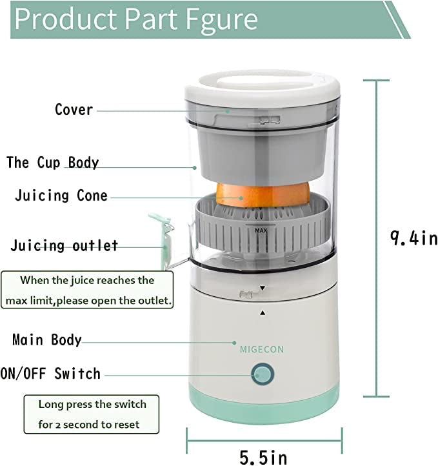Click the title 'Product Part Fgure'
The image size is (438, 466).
(x=136, y=19)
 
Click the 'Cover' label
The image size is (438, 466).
(x=74, y=109)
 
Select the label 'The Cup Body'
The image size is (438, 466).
(x=53, y=161)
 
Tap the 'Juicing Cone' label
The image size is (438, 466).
(x=61, y=196)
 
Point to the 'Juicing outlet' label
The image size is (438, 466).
(x=65, y=245)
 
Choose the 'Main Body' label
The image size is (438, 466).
(x=47, y=339)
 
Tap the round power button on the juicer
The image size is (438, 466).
(x=262, y=374)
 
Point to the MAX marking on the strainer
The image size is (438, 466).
(x=261, y=230)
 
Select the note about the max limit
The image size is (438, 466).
(x=87, y=290)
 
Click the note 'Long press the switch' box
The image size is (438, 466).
(x=92, y=414)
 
